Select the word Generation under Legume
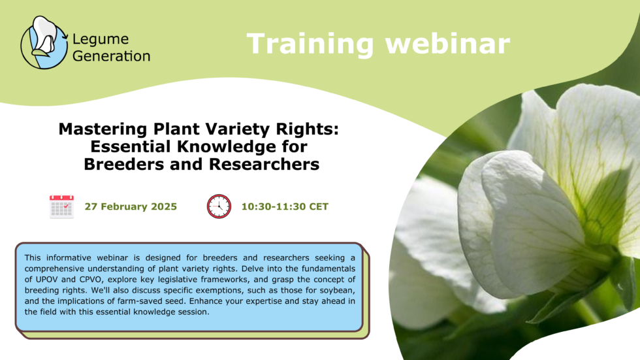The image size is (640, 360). pos(111,56)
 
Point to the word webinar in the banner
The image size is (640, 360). pos(448,44)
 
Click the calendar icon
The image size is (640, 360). pos(61,206)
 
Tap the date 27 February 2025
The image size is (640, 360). pos(131,207)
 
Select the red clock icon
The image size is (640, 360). pos(219,206)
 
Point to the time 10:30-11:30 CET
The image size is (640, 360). pos(285,207)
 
